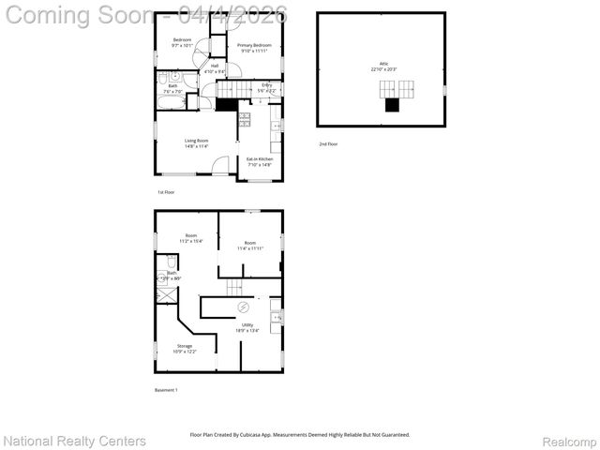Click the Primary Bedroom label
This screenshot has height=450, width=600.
(254, 48)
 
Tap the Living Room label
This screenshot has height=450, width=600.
(196, 143)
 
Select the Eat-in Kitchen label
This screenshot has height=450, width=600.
(260, 161)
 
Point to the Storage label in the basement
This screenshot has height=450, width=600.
(184, 349)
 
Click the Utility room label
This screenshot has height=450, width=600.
(247, 327)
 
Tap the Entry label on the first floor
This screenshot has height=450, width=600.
(267, 88)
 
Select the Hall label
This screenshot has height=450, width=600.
(215, 68)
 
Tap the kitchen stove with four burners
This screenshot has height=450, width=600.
(245, 119)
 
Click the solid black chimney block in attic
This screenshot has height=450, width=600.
(393, 105)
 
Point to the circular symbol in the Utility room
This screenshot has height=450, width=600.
(245, 307)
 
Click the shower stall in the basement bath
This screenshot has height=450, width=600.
(166, 293)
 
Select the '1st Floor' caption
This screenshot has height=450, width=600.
(166, 191)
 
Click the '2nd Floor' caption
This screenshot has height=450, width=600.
(328, 143)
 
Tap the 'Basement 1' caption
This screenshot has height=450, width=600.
(166, 389)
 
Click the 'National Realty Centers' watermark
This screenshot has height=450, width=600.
(75, 441)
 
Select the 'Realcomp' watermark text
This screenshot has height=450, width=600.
(570, 441)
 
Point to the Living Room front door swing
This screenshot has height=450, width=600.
(219, 165)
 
